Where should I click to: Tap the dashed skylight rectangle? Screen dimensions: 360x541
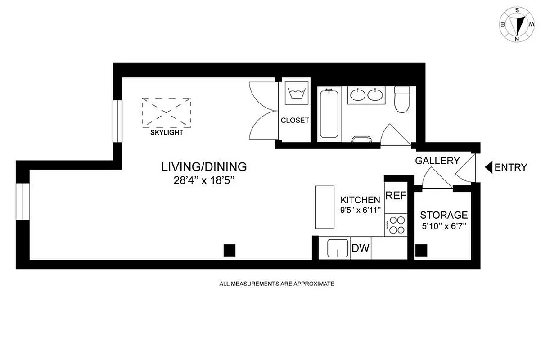point(167,112)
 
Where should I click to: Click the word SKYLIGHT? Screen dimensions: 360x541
point(167,133)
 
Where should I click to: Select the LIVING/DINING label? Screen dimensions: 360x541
point(204,167)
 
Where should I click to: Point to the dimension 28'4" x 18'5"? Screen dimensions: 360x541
point(204,181)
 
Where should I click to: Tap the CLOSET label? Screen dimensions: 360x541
point(295,121)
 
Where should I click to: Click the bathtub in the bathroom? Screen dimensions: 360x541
point(329,113)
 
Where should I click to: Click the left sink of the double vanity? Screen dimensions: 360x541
point(358,95)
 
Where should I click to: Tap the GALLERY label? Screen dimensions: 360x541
point(437,161)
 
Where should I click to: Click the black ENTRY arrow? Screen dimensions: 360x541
point(489,167)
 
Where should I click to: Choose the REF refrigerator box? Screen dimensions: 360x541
point(396,196)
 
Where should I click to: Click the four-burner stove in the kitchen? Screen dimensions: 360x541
point(396,225)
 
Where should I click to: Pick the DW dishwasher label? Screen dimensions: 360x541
point(361,248)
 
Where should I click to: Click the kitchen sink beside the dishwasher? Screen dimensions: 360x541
point(338,248)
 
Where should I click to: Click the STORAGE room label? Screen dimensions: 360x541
point(443,216)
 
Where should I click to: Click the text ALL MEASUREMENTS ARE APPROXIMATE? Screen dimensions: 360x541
point(276,284)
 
